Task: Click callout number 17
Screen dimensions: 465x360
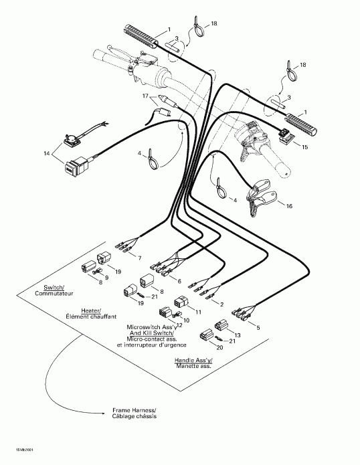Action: (145, 96)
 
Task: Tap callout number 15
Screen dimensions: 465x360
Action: (305, 146)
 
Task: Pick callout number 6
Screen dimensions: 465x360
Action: (179, 281)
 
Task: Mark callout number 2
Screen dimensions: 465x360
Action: (222, 303)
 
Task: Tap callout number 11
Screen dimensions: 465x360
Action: (199, 311)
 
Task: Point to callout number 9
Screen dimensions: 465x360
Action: (106, 277)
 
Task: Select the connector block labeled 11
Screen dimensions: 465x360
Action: (181, 302)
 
